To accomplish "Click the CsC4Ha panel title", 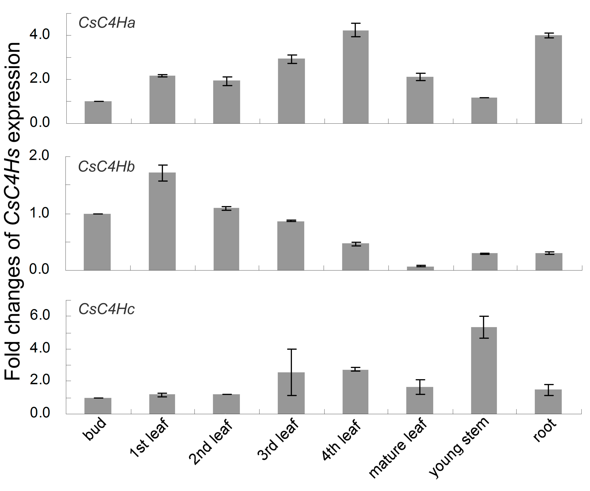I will coord(107,23).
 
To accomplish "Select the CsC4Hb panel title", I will coord(106,167).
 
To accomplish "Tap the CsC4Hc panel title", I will coord(106,309).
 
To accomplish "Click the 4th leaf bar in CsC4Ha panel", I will coord(355,77).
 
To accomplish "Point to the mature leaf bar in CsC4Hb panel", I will coord(420,268).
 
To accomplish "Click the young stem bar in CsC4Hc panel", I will coord(484,371).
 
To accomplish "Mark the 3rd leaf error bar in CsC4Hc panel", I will coord(292,372).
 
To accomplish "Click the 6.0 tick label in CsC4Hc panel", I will coord(40,315).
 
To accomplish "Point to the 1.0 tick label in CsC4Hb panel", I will coord(39,213).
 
